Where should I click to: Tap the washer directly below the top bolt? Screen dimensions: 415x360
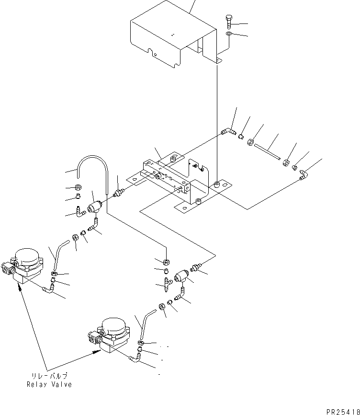coord(229,35)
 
